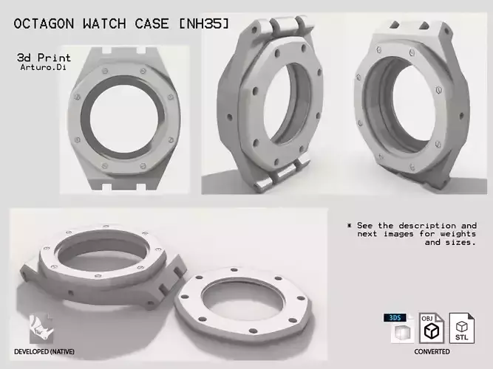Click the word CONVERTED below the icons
tap(432, 352)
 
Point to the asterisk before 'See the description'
tap(349, 225)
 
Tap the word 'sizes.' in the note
tap(458, 242)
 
